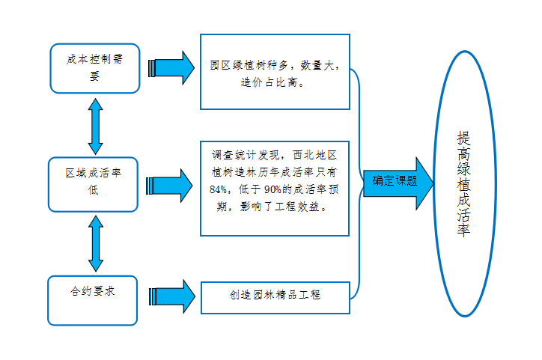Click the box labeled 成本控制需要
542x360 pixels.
pyautogui.click(x=94, y=67)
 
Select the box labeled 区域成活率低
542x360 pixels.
pyautogui.click(x=94, y=183)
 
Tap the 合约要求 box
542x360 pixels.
pyautogui.click(x=93, y=300)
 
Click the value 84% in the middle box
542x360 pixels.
pyautogui.click(x=220, y=189)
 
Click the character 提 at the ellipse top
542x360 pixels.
pyautogui.click(x=465, y=139)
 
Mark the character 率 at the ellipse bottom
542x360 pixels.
pyautogui.click(x=465, y=232)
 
